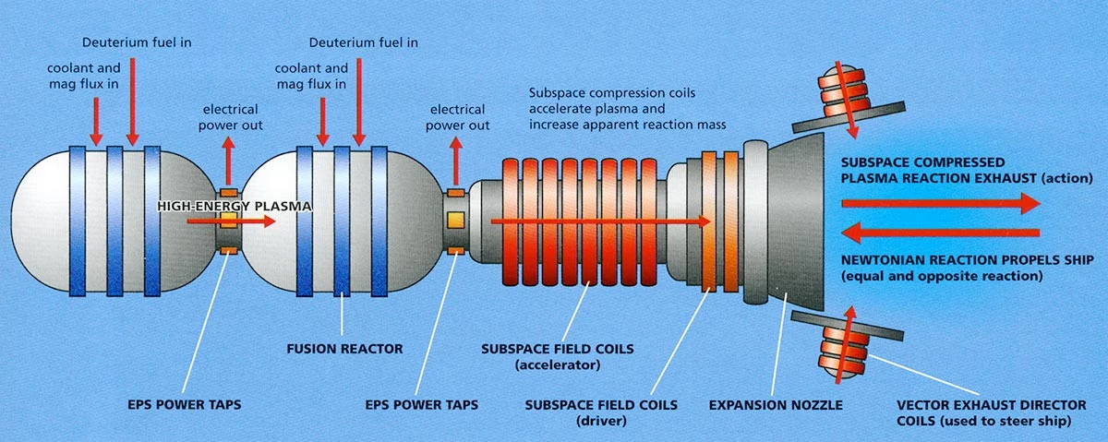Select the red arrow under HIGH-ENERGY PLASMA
click(231, 221)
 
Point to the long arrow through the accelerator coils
click(600, 221)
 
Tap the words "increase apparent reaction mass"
click(628, 124)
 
